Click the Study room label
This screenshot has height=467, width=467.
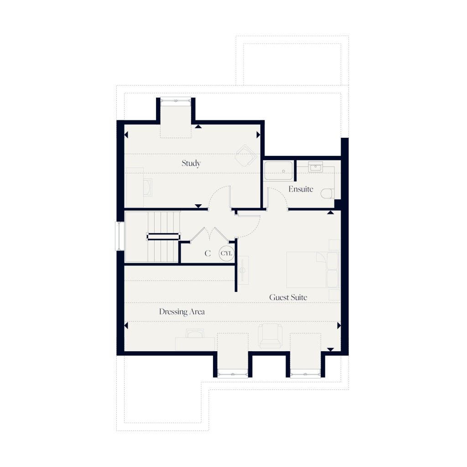click(191, 163)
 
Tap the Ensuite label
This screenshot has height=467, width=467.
click(301, 189)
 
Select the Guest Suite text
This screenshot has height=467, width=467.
click(288, 297)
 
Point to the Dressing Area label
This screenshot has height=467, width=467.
click(182, 312)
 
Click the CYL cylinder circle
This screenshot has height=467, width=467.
click(226, 253)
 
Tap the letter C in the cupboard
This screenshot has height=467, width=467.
click(208, 254)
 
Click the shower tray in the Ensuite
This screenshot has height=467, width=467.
click(279, 171)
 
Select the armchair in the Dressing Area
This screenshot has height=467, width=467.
click(270, 336)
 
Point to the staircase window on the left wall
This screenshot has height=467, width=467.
click(119, 236)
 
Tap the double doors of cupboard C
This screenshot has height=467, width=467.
click(209, 233)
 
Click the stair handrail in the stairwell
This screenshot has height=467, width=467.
click(162, 236)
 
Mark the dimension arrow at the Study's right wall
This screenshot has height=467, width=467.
click(258, 135)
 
